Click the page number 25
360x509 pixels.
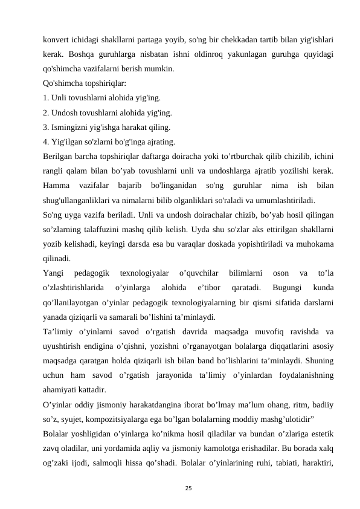(x=180, y=487)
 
